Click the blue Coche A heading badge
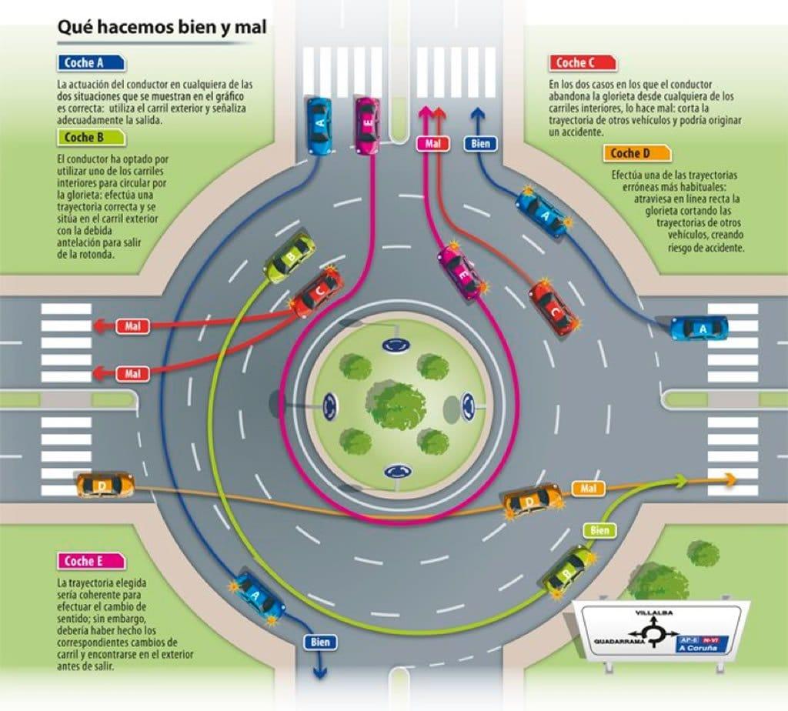point(92,63)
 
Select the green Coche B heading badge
point(91,138)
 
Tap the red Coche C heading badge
point(583,63)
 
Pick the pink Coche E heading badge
point(92,561)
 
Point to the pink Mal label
point(432,143)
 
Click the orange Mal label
point(589,488)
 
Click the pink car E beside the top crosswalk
point(367,123)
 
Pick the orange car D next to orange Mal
point(533,500)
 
